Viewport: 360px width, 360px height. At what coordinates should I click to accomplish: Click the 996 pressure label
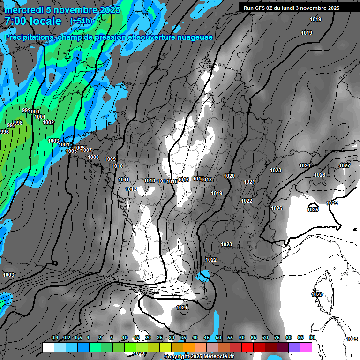click(5, 132)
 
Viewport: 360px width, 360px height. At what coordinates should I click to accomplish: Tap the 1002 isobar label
click(48, 122)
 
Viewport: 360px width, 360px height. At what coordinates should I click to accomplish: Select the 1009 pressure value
click(110, 159)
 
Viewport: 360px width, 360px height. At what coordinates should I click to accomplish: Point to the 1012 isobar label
click(131, 189)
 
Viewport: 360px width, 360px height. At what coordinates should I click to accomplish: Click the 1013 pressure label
click(150, 180)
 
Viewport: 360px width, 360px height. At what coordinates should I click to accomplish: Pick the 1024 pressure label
click(305, 165)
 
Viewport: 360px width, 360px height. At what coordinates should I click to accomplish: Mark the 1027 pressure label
click(345, 165)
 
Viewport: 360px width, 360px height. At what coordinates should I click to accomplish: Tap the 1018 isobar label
click(207, 180)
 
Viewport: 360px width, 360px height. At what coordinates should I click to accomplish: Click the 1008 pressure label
click(93, 157)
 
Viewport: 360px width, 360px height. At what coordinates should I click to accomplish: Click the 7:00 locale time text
click(33, 21)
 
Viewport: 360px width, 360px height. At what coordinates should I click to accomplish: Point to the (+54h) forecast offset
click(81, 21)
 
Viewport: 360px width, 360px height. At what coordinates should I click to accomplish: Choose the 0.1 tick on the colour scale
click(54, 338)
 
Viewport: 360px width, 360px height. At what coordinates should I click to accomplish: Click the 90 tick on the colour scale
click(312, 338)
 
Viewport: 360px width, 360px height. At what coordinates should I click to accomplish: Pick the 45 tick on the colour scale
click(207, 338)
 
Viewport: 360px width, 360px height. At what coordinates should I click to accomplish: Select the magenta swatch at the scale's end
click(306, 347)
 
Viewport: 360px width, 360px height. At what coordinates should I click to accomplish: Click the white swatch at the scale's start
click(48, 347)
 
